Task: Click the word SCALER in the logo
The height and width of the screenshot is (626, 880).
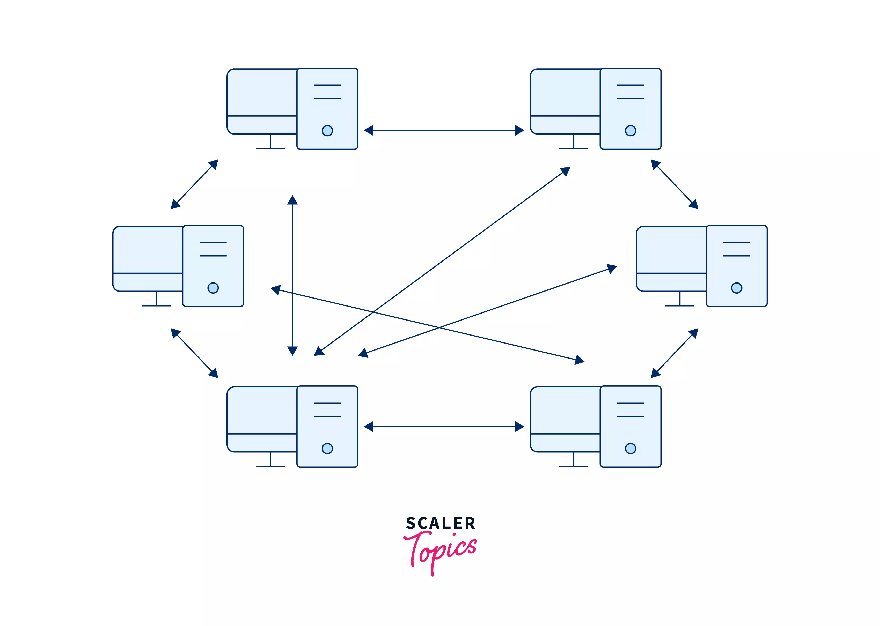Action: tap(440, 523)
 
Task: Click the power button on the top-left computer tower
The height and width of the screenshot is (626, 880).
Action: tap(327, 130)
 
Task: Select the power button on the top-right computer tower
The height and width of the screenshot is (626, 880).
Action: tap(630, 130)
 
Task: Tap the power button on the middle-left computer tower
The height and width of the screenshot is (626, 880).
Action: tap(213, 288)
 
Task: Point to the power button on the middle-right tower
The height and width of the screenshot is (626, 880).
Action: tap(736, 288)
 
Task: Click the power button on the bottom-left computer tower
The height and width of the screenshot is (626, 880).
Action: tap(327, 448)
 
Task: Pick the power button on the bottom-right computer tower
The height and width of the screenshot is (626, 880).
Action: tap(630, 448)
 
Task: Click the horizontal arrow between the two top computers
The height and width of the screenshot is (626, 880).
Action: tap(443, 130)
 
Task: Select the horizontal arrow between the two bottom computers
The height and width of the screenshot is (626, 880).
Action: tap(443, 426)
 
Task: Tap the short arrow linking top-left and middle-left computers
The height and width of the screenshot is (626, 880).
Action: tap(194, 184)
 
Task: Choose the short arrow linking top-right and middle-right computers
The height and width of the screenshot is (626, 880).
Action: tap(674, 184)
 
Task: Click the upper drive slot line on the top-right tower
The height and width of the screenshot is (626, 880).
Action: tap(630, 85)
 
